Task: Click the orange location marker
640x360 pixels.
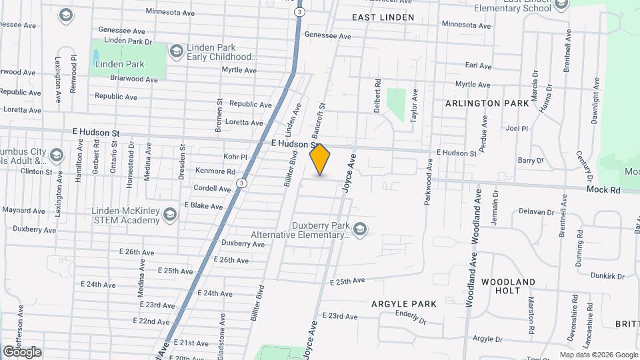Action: [320, 159]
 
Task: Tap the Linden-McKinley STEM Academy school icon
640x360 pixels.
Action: [171, 214]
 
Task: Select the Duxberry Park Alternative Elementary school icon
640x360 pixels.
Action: [360, 230]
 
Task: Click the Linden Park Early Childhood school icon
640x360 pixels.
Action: [176, 51]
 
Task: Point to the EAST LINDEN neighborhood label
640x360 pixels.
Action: [383, 17]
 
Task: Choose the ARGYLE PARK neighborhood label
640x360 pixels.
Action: [404, 304]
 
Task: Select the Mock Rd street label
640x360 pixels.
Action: [603, 190]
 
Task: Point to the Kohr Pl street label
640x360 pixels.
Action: [236, 157]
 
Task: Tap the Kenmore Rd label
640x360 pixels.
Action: [215, 171]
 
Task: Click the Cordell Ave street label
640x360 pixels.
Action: [212, 189]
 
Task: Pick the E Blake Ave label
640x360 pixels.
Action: [203, 205]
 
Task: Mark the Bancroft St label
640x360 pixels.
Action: [317, 115]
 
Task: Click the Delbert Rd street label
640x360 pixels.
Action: [378, 95]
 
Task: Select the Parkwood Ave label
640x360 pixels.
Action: [428, 181]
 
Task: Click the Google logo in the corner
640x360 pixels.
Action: [22, 351]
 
